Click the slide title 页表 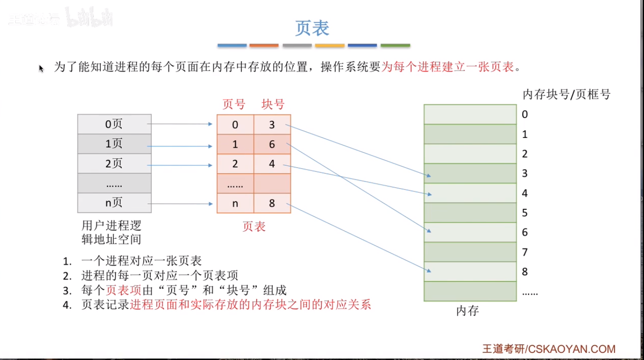(312, 28)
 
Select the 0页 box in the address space (114, 124)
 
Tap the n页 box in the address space (114, 203)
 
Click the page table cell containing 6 (272, 144)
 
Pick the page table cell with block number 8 (272, 203)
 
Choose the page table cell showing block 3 (272, 125)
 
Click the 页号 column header (234, 104)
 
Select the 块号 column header (273, 104)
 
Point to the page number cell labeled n (235, 203)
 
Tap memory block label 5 (525, 213)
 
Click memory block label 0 (525, 114)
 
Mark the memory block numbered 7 (470, 252)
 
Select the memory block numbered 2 (470, 153)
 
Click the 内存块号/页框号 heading (566, 94)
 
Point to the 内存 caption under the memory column (467, 311)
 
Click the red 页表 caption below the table (254, 226)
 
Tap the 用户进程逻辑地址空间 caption (111, 232)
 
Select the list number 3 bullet (67, 290)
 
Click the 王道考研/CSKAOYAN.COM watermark (549, 349)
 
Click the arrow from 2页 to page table (180, 165)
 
